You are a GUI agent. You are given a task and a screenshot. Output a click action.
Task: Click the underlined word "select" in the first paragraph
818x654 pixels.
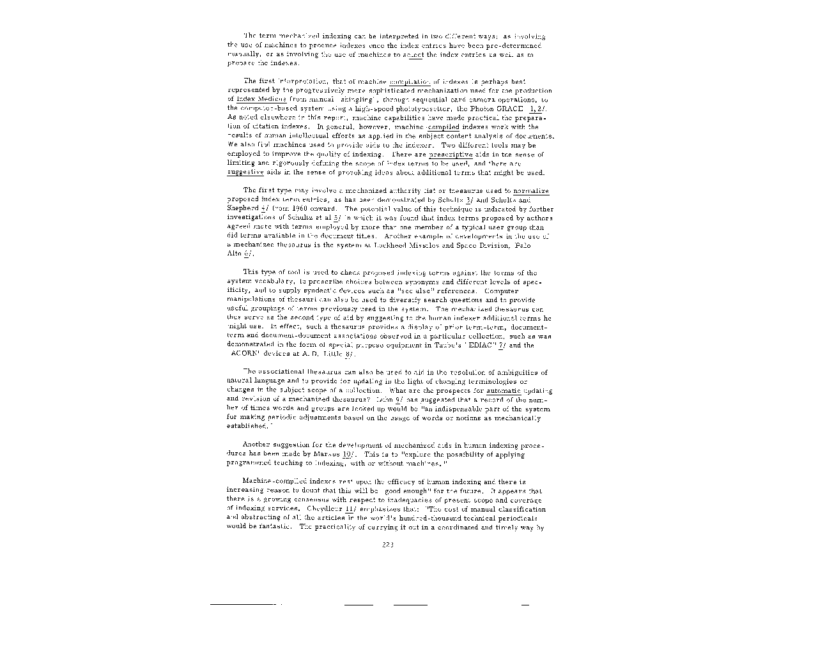(x=413, y=55)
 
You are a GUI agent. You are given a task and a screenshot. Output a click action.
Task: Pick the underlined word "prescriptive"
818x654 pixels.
(x=451, y=155)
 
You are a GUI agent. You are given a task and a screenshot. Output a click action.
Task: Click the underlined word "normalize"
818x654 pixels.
(x=531, y=191)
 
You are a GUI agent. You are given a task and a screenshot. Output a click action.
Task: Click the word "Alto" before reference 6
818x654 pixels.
(x=234, y=254)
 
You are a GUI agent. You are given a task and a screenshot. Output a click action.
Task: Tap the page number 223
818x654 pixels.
(x=387, y=545)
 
